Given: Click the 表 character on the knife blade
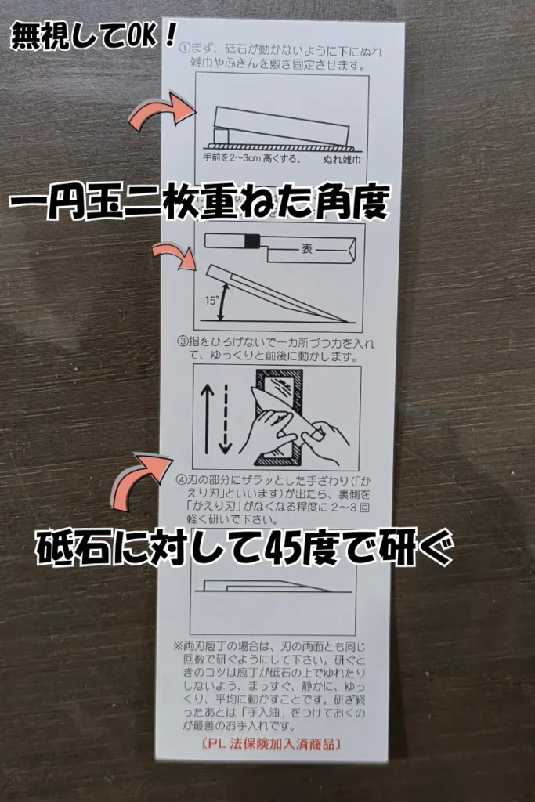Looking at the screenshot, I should [308, 251].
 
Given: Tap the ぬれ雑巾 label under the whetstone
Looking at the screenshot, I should [340, 157].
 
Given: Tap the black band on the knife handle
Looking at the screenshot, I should [251, 242].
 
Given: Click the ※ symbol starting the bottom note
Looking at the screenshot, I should [178, 647].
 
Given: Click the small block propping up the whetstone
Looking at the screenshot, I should [222, 136].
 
